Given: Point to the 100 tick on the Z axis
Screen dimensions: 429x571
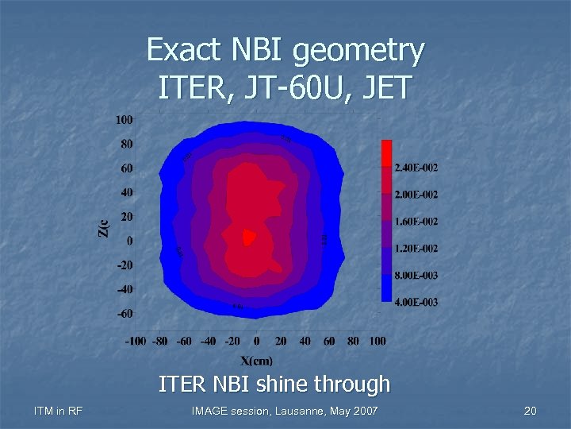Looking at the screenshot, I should click(124, 120).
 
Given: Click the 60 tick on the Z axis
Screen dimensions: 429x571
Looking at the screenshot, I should click(126, 168).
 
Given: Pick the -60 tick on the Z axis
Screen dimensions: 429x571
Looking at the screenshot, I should click(124, 313).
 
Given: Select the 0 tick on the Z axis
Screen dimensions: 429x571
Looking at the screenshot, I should click(129, 241).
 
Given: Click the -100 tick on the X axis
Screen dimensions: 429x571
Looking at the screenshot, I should click(136, 341).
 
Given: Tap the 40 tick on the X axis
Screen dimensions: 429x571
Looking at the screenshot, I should click(305, 341).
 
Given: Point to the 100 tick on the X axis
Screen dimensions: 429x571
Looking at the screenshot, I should click(377, 341).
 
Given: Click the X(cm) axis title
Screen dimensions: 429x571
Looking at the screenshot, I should click(257, 359).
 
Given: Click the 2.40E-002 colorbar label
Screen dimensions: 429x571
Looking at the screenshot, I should click(416, 168).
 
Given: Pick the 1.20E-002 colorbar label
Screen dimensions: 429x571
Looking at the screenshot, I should click(416, 249).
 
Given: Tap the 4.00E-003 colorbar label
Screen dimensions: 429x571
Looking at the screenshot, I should click(416, 302).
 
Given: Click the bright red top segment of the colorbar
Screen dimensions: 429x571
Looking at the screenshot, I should click(386, 153).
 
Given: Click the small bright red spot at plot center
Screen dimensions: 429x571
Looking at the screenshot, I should click(248, 236).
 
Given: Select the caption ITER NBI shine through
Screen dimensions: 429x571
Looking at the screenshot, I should click(274, 385).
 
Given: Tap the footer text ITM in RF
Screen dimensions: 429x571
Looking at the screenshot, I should click(59, 411).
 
